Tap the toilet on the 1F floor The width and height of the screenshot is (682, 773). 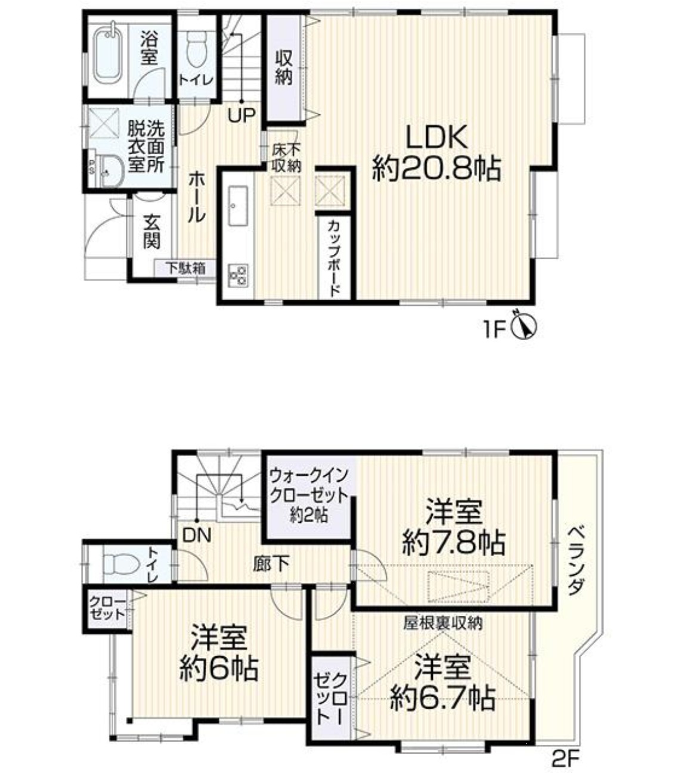[x=197, y=48]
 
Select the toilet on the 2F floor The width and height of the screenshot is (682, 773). [x=121, y=563]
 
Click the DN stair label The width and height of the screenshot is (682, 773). [x=196, y=536]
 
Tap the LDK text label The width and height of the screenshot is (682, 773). [x=436, y=138]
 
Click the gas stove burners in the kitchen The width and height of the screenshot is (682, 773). [x=238, y=276]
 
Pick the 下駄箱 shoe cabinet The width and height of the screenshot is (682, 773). [x=185, y=268]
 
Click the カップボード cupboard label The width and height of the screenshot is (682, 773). [x=334, y=258]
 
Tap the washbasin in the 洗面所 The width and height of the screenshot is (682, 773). [x=111, y=172]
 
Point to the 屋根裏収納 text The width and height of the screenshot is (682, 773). [x=443, y=624]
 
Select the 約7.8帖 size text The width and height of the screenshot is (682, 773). [x=454, y=543]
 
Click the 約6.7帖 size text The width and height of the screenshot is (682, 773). [x=443, y=698]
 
